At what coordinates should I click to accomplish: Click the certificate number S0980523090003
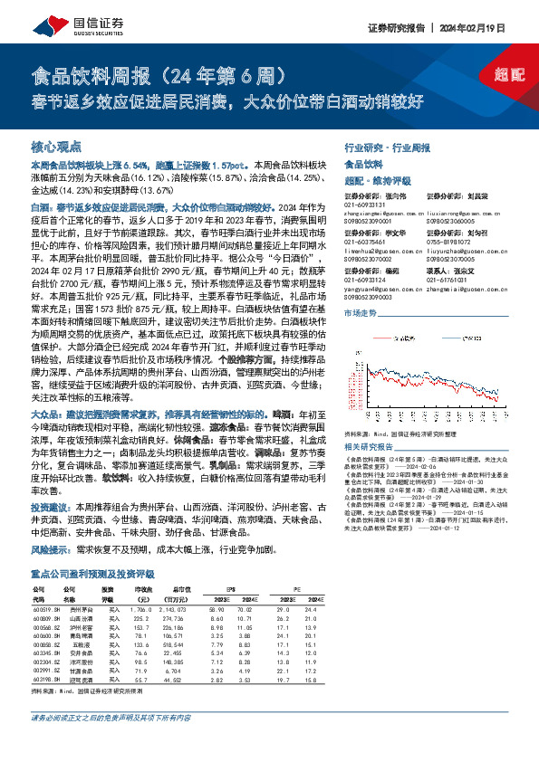370,297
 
